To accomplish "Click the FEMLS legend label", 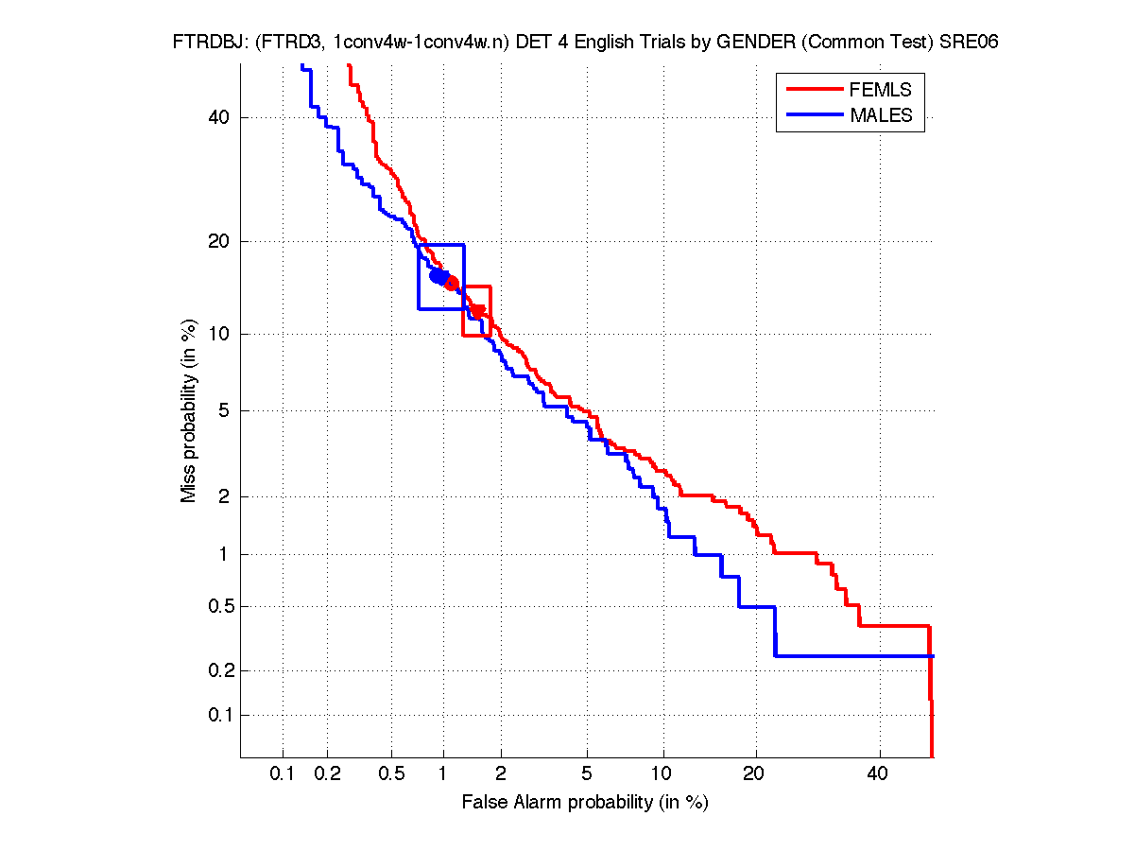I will pos(881,90).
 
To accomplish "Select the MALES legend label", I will pos(882,115).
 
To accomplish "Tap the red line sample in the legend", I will pos(813,89).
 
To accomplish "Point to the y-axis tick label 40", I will pos(220,117).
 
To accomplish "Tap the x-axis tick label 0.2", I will pos(327,774).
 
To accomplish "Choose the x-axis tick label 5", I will pos(587,774).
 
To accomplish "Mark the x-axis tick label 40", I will pos(879,774).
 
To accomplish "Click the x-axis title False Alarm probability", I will pos(585,803).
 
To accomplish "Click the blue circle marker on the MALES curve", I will pos(438,276).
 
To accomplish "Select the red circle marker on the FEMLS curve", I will pos(452,284).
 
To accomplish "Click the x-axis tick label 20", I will pos(753,774).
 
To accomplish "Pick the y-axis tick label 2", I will pos(225,496).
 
